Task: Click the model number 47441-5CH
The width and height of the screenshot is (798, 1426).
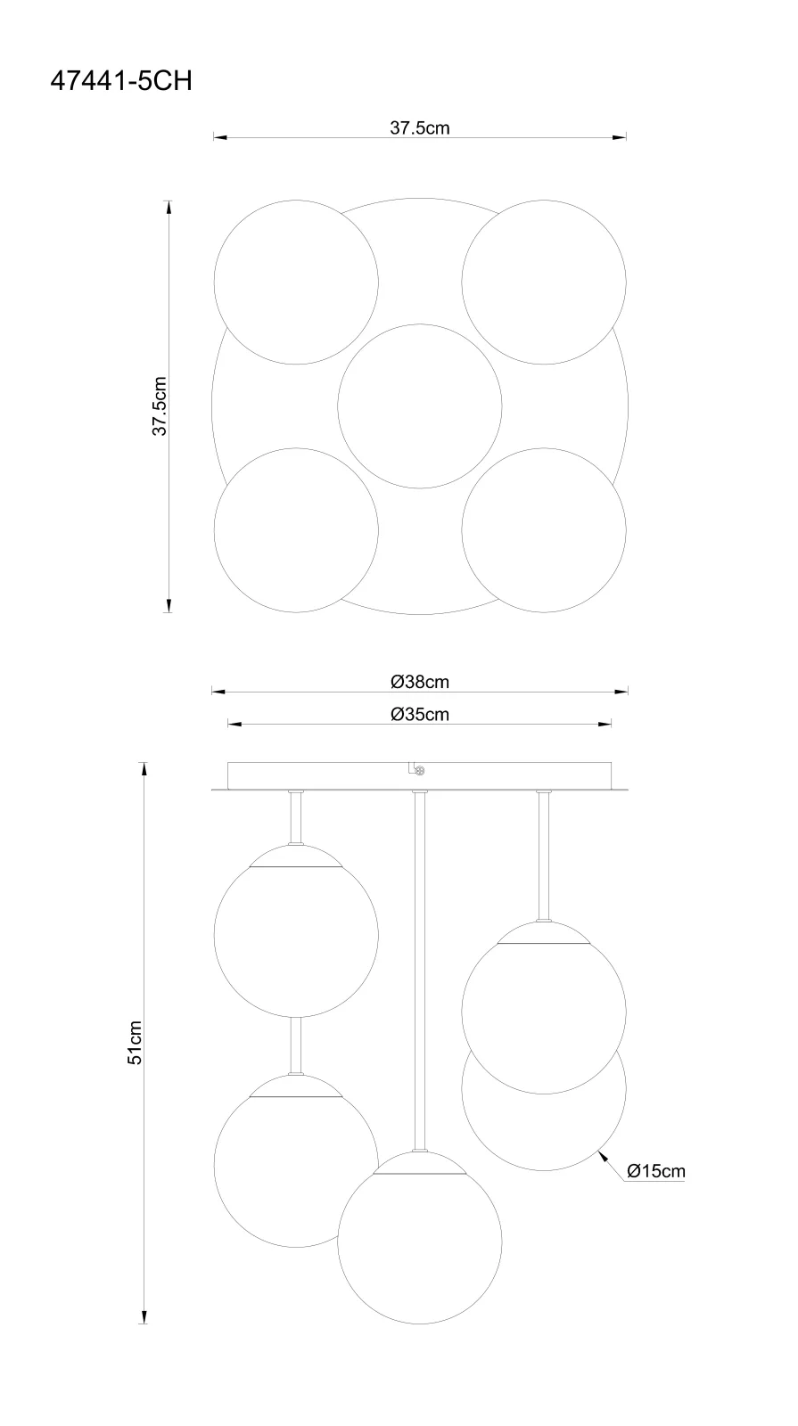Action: (121, 81)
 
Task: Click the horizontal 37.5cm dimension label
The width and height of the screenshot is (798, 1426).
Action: (420, 128)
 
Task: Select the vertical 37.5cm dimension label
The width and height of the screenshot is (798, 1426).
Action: (160, 406)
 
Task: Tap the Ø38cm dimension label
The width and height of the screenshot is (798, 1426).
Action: (420, 682)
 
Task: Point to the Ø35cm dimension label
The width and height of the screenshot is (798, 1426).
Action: (420, 714)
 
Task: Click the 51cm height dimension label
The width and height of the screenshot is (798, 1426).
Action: (135, 1043)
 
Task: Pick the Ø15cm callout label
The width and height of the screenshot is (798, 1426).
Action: (656, 1171)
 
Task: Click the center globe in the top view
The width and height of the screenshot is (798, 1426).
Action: (420, 406)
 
